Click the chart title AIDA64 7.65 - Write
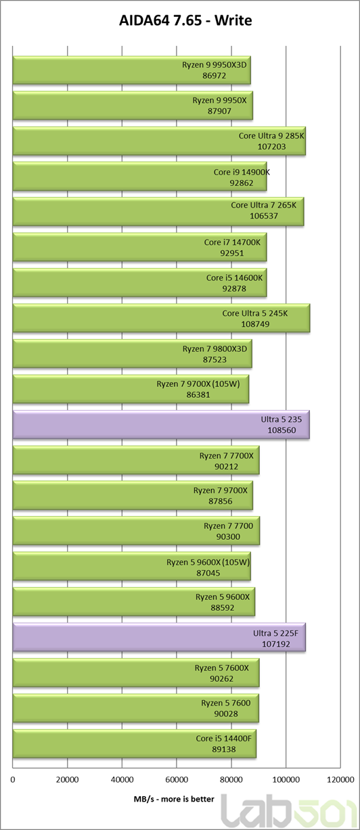(x=185, y=20)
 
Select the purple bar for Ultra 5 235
(x=161, y=425)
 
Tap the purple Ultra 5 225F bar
(x=160, y=637)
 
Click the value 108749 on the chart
(x=255, y=324)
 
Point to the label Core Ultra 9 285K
(x=271, y=135)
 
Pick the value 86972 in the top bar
(x=214, y=76)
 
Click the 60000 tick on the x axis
(x=177, y=780)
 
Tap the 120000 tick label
(x=340, y=780)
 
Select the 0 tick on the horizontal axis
(x=13, y=780)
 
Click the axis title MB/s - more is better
(x=174, y=799)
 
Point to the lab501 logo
(x=289, y=811)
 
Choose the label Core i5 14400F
(x=223, y=739)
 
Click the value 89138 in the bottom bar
(x=223, y=750)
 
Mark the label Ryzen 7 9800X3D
(x=215, y=348)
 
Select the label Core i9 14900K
(x=242, y=172)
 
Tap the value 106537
(x=264, y=216)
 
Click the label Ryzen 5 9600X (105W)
(x=208, y=562)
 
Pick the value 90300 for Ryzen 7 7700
(x=228, y=536)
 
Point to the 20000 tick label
(x=67, y=780)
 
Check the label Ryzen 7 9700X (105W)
(x=198, y=384)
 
